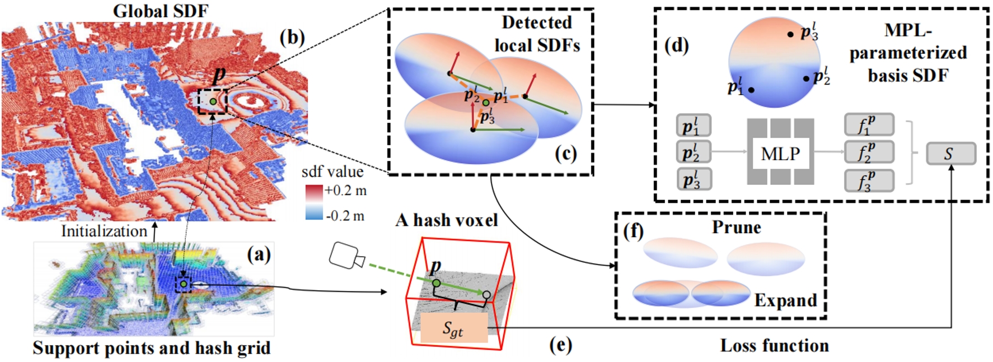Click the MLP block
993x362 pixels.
coord(780,152)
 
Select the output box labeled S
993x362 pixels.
coord(950,154)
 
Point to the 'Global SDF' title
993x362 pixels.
coord(161,11)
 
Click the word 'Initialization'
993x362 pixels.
coord(104,231)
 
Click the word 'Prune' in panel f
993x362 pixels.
coord(736,228)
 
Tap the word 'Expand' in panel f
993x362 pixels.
coord(785,300)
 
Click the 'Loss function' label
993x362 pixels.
coord(774,346)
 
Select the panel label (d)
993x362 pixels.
coord(676,45)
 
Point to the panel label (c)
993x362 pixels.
coord(565,153)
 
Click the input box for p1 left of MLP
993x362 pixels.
coord(694,126)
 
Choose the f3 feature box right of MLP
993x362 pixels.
coord(868,181)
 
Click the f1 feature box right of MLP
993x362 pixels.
coord(868,125)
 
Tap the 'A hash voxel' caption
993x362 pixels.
coord(446,220)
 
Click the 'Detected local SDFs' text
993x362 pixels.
coord(536,34)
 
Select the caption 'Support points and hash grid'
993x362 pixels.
coord(152,348)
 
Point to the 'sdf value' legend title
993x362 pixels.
coord(332,171)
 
